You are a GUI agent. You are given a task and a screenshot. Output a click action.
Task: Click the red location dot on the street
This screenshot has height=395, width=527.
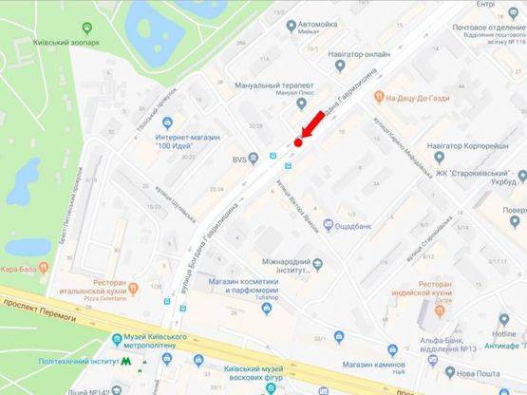pyautogui.click(x=297, y=142)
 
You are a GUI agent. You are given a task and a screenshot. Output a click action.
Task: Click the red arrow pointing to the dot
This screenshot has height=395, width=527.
pyautogui.click(x=311, y=127)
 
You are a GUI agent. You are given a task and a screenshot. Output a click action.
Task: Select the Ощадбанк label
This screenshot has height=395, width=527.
pyautogui.click(x=359, y=224)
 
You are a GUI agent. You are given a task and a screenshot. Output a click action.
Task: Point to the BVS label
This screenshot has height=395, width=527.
pyautogui.click(x=239, y=160)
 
